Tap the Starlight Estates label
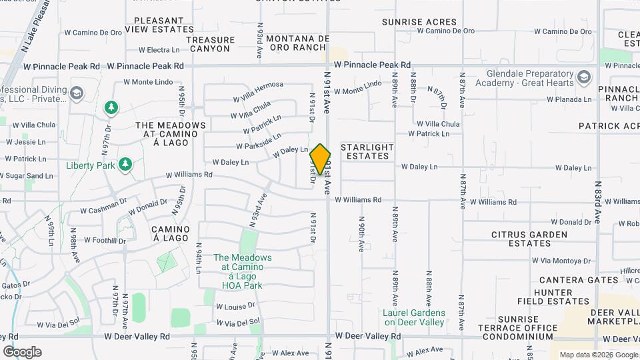coord(367,151)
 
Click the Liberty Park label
coord(91,165)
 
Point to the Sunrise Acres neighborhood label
coord(419,22)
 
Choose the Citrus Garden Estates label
coord(529,239)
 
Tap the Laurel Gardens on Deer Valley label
coord(414,317)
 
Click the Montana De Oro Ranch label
coord(297,43)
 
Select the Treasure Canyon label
coord(210,44)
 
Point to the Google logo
coord(22,352)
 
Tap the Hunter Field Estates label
coord(553,297)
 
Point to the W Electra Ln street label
coord(159,50)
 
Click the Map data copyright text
coord(597,355)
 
